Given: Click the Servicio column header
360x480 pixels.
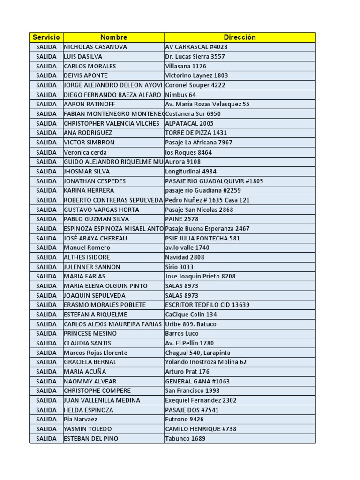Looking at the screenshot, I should [46, 37].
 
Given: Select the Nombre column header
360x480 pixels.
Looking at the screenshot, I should [113, 37].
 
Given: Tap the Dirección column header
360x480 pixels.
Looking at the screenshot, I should [240, 37].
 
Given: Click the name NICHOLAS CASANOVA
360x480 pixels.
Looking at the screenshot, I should [95, 47].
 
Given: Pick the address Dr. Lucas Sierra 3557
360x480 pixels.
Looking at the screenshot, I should [195, 56].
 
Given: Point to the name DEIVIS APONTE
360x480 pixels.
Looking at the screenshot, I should [86, 75].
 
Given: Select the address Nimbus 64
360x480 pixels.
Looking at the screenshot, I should [180, 95].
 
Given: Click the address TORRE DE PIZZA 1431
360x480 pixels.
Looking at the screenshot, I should [196, 133].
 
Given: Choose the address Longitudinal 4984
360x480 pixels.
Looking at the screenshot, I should [191, 172].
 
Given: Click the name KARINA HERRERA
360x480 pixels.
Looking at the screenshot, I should [89, 190].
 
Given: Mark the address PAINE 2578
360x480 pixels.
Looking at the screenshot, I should [182, 219].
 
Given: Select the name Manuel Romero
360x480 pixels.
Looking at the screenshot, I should [87, 247].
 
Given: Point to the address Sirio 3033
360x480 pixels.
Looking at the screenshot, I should [179, 267].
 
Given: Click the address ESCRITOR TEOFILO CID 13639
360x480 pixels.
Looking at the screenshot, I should [207, 305].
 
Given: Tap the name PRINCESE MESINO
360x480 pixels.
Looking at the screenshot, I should [90, 333].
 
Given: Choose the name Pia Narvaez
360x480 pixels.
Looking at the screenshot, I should [81, 419].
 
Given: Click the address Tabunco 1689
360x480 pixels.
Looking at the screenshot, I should [185, 439].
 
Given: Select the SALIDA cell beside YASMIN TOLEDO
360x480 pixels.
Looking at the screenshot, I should [46, 429].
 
